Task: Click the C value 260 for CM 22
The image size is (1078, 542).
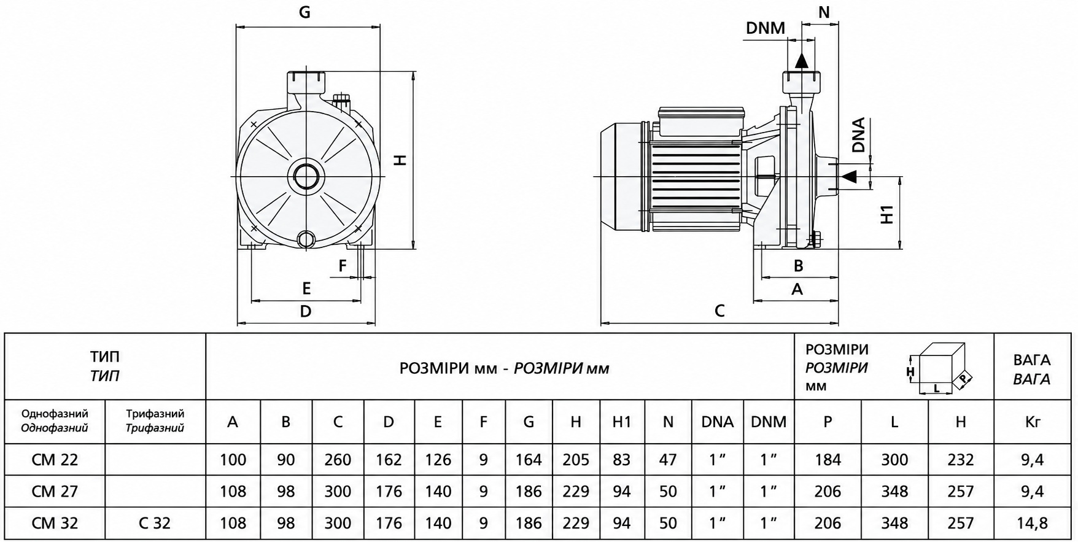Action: coord(338,460)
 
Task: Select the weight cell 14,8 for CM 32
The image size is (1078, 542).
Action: coord(1033,523)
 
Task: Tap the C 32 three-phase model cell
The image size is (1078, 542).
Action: coord(155,523)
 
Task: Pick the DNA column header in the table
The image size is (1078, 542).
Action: coord(717,422)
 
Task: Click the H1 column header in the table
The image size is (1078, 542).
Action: coord(622,422)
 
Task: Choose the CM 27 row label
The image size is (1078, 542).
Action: coord(55,491)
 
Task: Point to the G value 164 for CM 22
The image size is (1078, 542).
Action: coord(529,460)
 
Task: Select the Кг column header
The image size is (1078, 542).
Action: coord(1033,422)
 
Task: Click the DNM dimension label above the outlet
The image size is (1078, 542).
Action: coord(766,28)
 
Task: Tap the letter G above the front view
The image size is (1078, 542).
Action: coord(304,12)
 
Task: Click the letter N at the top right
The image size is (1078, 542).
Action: coord(824,12)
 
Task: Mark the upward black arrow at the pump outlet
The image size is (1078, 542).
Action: coord(802,60)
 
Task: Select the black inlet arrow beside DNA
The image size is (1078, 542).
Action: coord(849,177)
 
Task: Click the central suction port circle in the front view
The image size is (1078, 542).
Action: coord(305,177)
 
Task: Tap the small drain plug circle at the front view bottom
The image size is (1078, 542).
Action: coord(305,239)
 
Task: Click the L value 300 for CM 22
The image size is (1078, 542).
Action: coord(894,460)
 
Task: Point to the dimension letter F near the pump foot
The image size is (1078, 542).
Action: coord(343,266)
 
